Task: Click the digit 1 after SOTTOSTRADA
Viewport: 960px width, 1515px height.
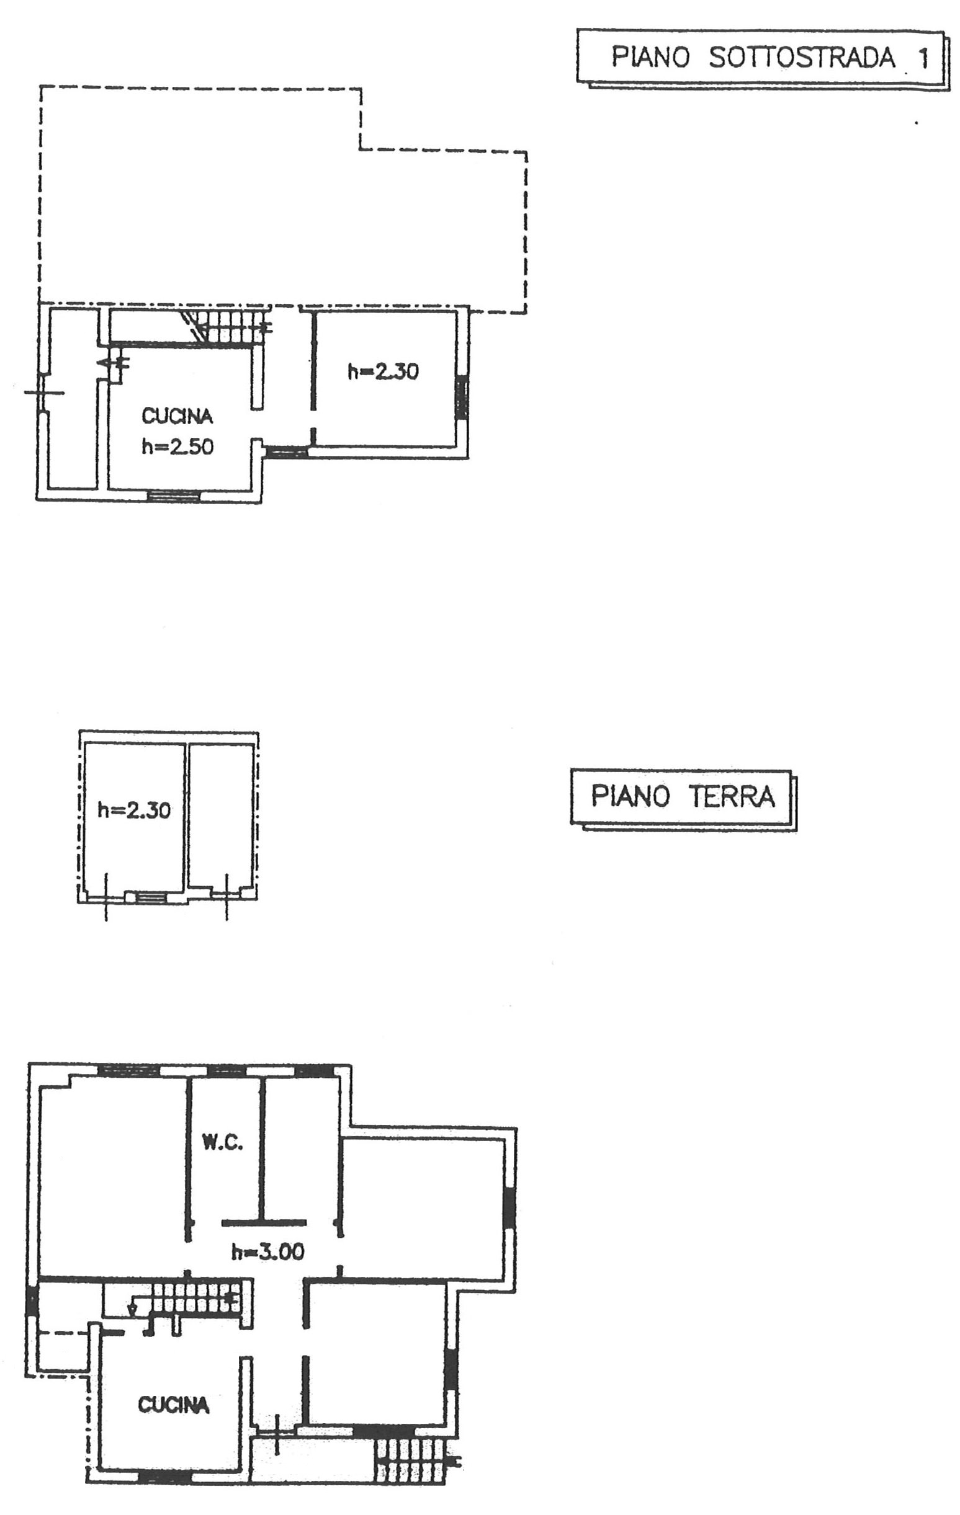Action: [x=923, y=58]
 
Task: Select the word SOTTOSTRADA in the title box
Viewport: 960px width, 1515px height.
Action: [x=802, y=58]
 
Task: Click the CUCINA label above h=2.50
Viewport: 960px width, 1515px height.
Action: [x=177, y=416]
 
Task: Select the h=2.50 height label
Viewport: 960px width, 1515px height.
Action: [x=177, y=447]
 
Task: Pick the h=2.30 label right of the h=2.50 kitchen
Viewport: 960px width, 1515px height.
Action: [x=383, y=372]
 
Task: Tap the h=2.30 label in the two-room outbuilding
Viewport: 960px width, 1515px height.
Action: [x=134, y=810]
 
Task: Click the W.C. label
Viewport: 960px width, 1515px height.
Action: [x=222, y=1142]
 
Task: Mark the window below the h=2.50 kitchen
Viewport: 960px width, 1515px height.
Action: [x=173, y=495]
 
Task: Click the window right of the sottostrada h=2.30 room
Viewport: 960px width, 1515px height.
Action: [x=462, y=398]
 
